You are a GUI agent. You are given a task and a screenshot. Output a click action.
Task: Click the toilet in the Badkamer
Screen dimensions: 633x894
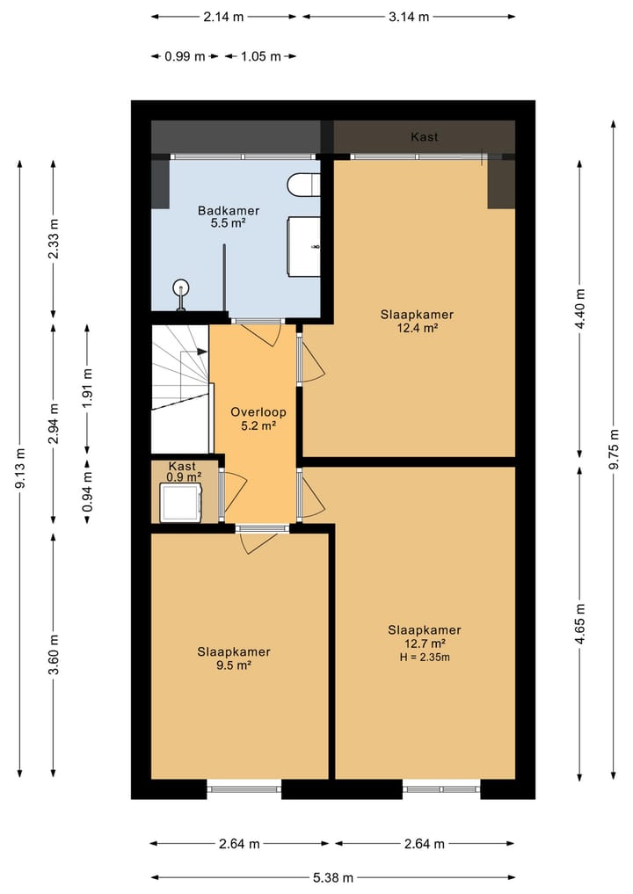pos(304,185)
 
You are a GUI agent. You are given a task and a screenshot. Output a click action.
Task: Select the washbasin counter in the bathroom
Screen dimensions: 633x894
pos(304,246)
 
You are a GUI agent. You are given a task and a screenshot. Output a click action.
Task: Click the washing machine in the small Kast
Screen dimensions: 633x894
pos(181,502)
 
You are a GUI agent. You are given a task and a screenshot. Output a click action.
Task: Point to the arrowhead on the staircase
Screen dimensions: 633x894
pos(202,352)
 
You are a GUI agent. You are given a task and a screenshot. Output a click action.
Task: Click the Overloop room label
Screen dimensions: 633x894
pos(258,412)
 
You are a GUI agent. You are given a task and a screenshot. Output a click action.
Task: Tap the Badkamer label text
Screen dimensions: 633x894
pos(229,210)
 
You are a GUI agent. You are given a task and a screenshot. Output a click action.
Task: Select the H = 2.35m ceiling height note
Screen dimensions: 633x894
pos(425,658)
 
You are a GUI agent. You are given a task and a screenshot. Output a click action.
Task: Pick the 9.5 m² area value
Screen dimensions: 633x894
pos(234,665)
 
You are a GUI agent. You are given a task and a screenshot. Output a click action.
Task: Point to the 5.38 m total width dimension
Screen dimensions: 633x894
pos(333,877)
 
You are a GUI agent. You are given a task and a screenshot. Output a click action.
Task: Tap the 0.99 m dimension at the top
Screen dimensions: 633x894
pos(185,56)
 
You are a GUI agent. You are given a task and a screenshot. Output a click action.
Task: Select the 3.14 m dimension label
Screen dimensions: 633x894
pos(409,17)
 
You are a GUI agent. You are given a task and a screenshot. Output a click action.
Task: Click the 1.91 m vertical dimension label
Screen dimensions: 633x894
pos(87,389)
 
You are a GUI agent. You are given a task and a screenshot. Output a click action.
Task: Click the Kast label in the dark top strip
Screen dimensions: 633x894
pos(425,137)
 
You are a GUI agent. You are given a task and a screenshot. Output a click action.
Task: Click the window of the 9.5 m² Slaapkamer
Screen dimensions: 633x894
pos(244,789)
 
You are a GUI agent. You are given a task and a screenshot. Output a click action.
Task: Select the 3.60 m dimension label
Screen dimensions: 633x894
pos(54,654)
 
